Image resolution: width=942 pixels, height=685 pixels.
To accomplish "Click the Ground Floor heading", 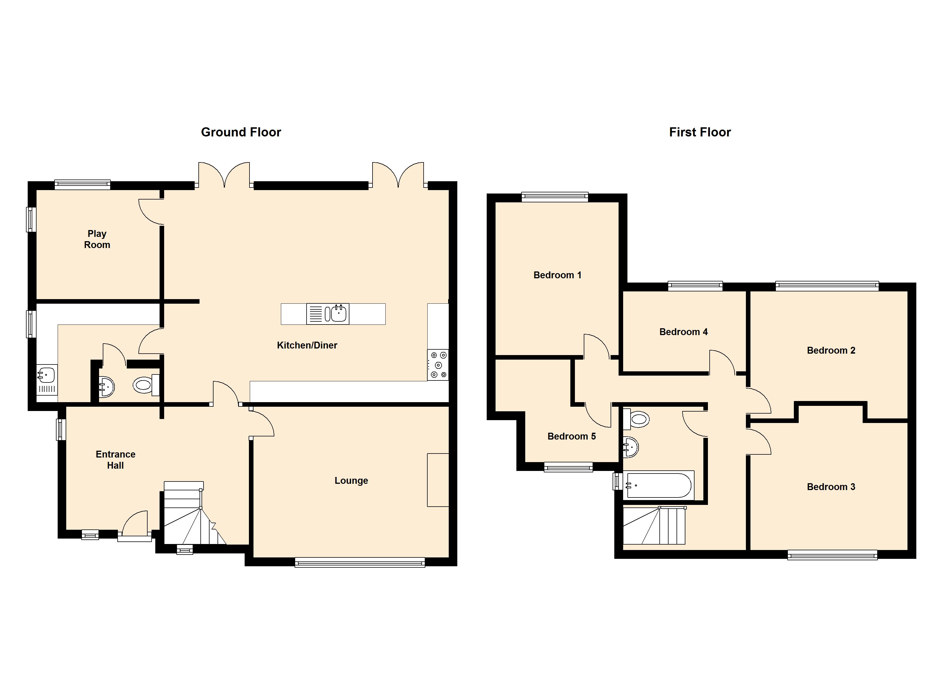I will coord(241,132).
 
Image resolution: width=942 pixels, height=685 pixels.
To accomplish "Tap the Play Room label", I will coord(97,239).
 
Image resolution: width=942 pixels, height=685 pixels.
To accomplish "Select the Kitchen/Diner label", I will coord(307,345).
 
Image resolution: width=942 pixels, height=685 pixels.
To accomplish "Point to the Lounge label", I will coord(351,481).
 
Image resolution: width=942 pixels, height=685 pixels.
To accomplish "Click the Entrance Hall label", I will coord(115,460).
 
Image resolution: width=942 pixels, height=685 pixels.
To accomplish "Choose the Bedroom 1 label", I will coord(557,275).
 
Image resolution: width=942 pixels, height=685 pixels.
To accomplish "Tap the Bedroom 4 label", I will coord(683,332).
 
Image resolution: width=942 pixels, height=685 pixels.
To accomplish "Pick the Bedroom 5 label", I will coord(571,436).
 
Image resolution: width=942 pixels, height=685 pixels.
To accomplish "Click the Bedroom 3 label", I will coord(831,487).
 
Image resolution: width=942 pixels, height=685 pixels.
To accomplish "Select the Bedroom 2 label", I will coord(831,350).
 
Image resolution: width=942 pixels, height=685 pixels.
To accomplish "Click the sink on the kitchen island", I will coord(336,314).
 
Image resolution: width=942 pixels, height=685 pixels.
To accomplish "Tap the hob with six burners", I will coord(438,365).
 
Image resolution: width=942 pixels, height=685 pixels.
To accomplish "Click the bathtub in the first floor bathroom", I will coord(658,485).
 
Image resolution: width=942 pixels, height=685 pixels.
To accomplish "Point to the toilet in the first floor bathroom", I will coord(637,419).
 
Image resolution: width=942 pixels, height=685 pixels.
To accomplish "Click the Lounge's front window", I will coord(360,563).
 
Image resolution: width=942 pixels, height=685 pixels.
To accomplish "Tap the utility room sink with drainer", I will coord(47,380).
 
